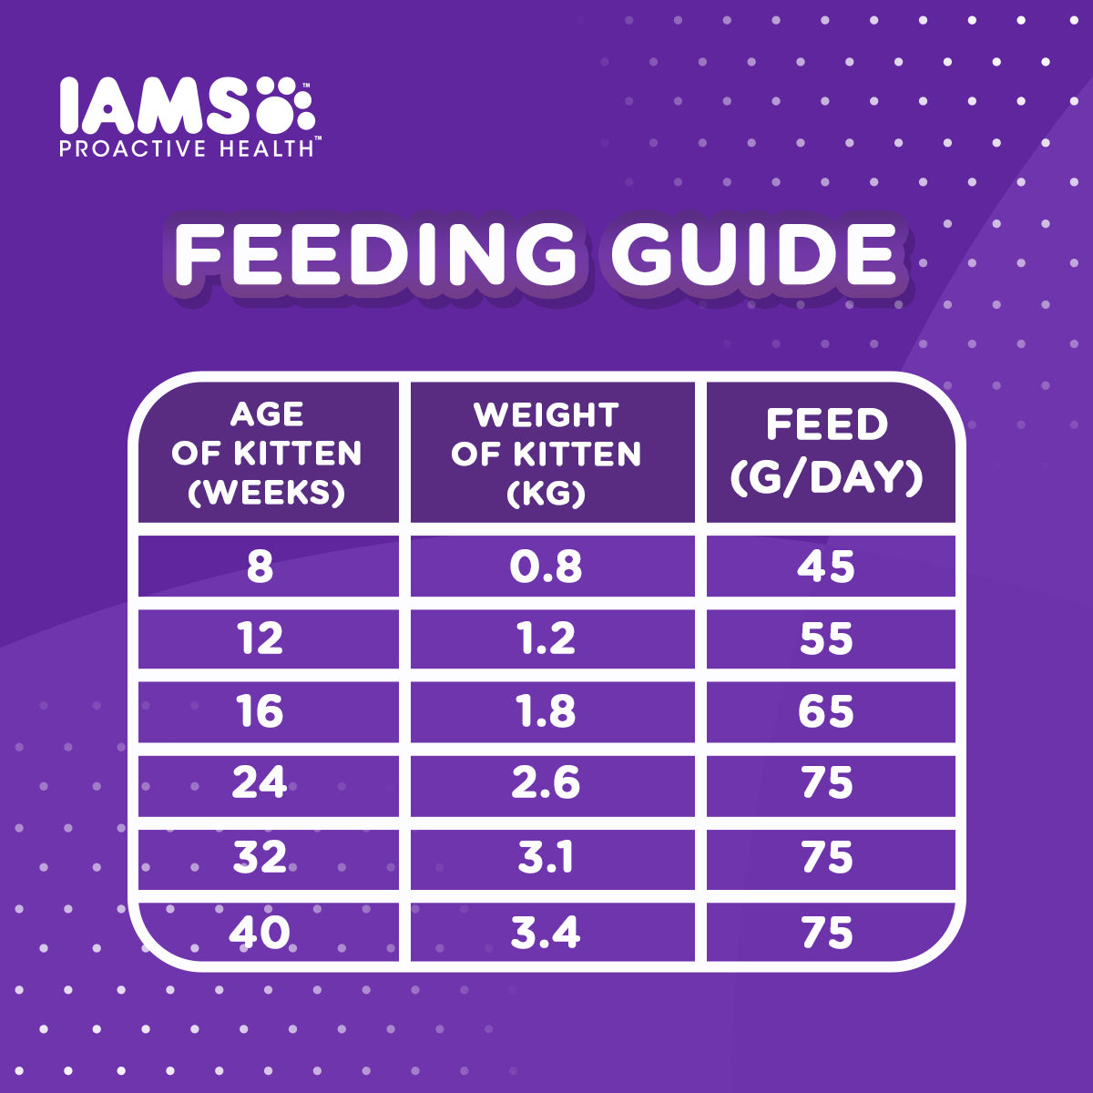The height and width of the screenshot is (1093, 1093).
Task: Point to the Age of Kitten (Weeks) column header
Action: (x=267, y=453)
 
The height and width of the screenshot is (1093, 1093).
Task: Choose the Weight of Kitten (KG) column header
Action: (x=546, y=453)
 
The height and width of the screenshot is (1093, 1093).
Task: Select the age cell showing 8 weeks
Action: (x=260, y=567)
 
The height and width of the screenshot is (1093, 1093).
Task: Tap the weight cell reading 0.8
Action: (x=546, y=567)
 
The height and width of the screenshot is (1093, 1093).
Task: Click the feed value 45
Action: (x=827, y=567)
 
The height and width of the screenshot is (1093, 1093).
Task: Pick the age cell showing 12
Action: (x=260, y=638)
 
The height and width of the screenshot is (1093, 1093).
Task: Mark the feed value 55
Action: (x=827, y=638)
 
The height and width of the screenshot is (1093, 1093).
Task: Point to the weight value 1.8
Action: (x=546, y=710)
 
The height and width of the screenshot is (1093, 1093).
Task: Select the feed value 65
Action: (x=827, y=710)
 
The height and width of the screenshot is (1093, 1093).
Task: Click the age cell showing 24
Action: (x=260, y=783)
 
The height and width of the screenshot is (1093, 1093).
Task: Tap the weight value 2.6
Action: (x=546, y=783)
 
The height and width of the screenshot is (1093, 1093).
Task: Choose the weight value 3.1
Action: (x=546, y=858)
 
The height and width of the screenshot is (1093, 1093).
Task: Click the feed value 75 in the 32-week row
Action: (x=827, y=858)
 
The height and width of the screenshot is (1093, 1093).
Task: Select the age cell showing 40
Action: (x=260, y=933)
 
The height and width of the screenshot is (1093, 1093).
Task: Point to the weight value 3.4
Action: (x=546, y=933)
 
